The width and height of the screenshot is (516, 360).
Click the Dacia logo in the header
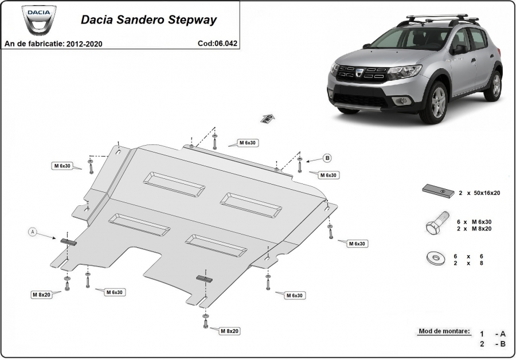[38, 19]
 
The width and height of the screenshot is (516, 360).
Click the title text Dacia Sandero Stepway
[148, 19]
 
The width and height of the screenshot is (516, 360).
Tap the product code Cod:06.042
[217, 44]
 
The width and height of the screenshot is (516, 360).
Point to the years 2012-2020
[84, 44]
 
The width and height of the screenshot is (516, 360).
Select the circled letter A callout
[33, 232]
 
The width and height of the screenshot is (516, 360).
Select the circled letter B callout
[327, 158]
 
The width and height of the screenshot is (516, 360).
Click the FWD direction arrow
[268, 119]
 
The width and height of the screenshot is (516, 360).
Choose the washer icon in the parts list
[436, 257]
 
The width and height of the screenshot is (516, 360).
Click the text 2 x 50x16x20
[479, 193]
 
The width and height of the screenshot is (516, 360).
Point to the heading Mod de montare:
[444, 331]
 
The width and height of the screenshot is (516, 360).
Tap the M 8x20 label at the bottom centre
[229, 331]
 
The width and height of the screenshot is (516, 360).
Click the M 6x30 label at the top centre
[247, 143]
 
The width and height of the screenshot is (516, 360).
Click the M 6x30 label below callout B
[328, 175]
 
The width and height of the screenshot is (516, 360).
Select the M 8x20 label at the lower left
[41, 295]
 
